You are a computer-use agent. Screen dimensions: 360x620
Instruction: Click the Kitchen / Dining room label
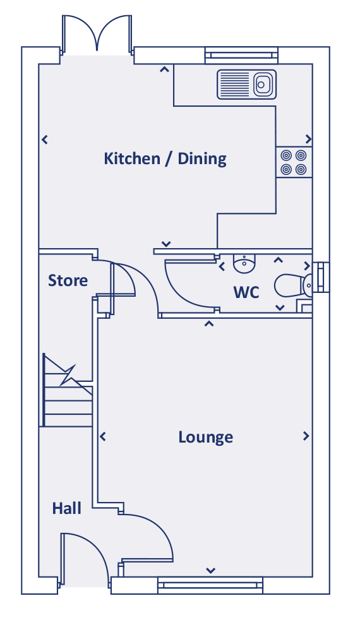click(x=165, y=158)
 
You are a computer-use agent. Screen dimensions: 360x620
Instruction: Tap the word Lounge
click(x=206, y=437)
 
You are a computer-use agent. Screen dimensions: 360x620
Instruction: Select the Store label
click(x=68, y=280)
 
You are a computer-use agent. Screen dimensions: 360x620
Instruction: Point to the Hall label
click(x=67, y=508)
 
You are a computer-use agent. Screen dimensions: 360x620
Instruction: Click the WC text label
click(x=246, y=292)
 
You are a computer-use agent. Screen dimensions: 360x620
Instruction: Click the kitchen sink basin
click(x=261, y=84)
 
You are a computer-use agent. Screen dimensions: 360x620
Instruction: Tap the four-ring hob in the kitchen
click(x=294, y=162)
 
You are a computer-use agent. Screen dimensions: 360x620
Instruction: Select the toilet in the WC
click(x=293, y=285)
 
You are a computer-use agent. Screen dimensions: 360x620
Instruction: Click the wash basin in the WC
click(x=244, y=264)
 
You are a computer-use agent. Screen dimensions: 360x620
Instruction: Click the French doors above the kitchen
click(x=97, y=35)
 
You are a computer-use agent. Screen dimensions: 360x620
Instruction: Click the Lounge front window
click(x=210, y=585)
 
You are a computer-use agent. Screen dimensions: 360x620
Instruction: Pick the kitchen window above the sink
click(x=241, y=56)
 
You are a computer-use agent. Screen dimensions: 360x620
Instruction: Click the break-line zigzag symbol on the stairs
click(x=68, y=375)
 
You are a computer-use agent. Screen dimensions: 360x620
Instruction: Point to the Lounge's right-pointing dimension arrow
click(x=306, y=436)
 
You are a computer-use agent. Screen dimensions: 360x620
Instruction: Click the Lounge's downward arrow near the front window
click(x=210, y=571)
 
